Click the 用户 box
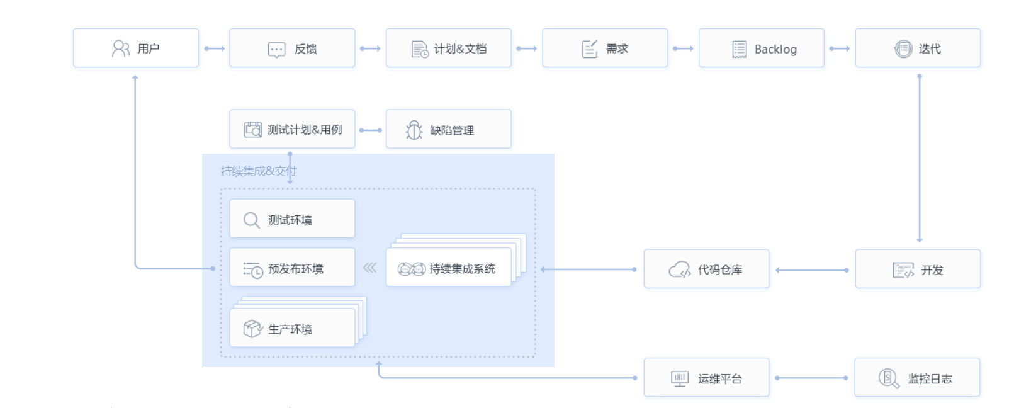pos(135,48)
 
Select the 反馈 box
pos(292,48)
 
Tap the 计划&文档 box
pos(448,48)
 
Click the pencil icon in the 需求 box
pos(590,48)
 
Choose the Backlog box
pos(761,48)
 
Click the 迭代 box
pos(917,48)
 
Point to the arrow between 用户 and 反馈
pos(214,48)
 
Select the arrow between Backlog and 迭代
pos(839,48)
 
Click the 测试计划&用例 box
pos(292,129)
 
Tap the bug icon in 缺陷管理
pos(414,130)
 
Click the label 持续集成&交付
pos(258,171)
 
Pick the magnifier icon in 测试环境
pos(252,220)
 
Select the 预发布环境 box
pos(292,268)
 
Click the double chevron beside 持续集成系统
pos(370,268)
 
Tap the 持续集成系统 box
pos(448,268)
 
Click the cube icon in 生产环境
pos(252,329)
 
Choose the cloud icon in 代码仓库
pos(679,269)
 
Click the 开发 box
pos(917,269)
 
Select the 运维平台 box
pos(706,378)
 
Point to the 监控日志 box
pos(916,378)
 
